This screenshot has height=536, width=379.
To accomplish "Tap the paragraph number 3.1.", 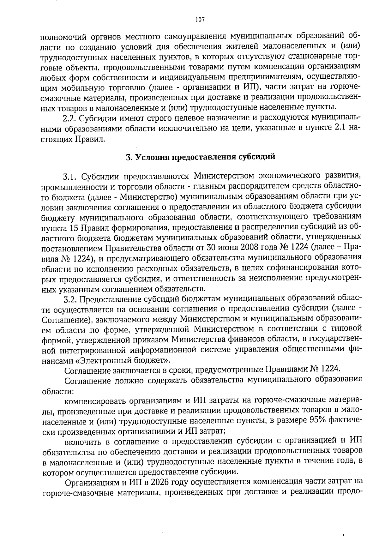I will point(71,176).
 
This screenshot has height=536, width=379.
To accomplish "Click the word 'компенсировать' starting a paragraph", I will point(92,401).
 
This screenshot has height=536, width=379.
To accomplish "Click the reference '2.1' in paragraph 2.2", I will point(340,129).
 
